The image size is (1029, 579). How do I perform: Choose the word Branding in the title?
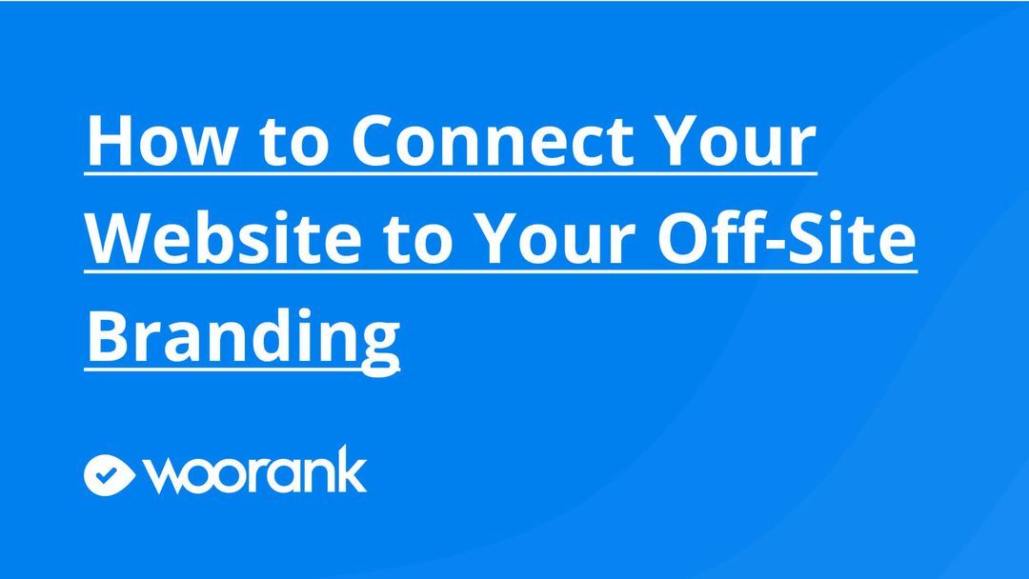tap(243, 335)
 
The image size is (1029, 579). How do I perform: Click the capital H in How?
tap(109, 142)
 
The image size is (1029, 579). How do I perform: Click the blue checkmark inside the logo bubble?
tap(110, 473)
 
